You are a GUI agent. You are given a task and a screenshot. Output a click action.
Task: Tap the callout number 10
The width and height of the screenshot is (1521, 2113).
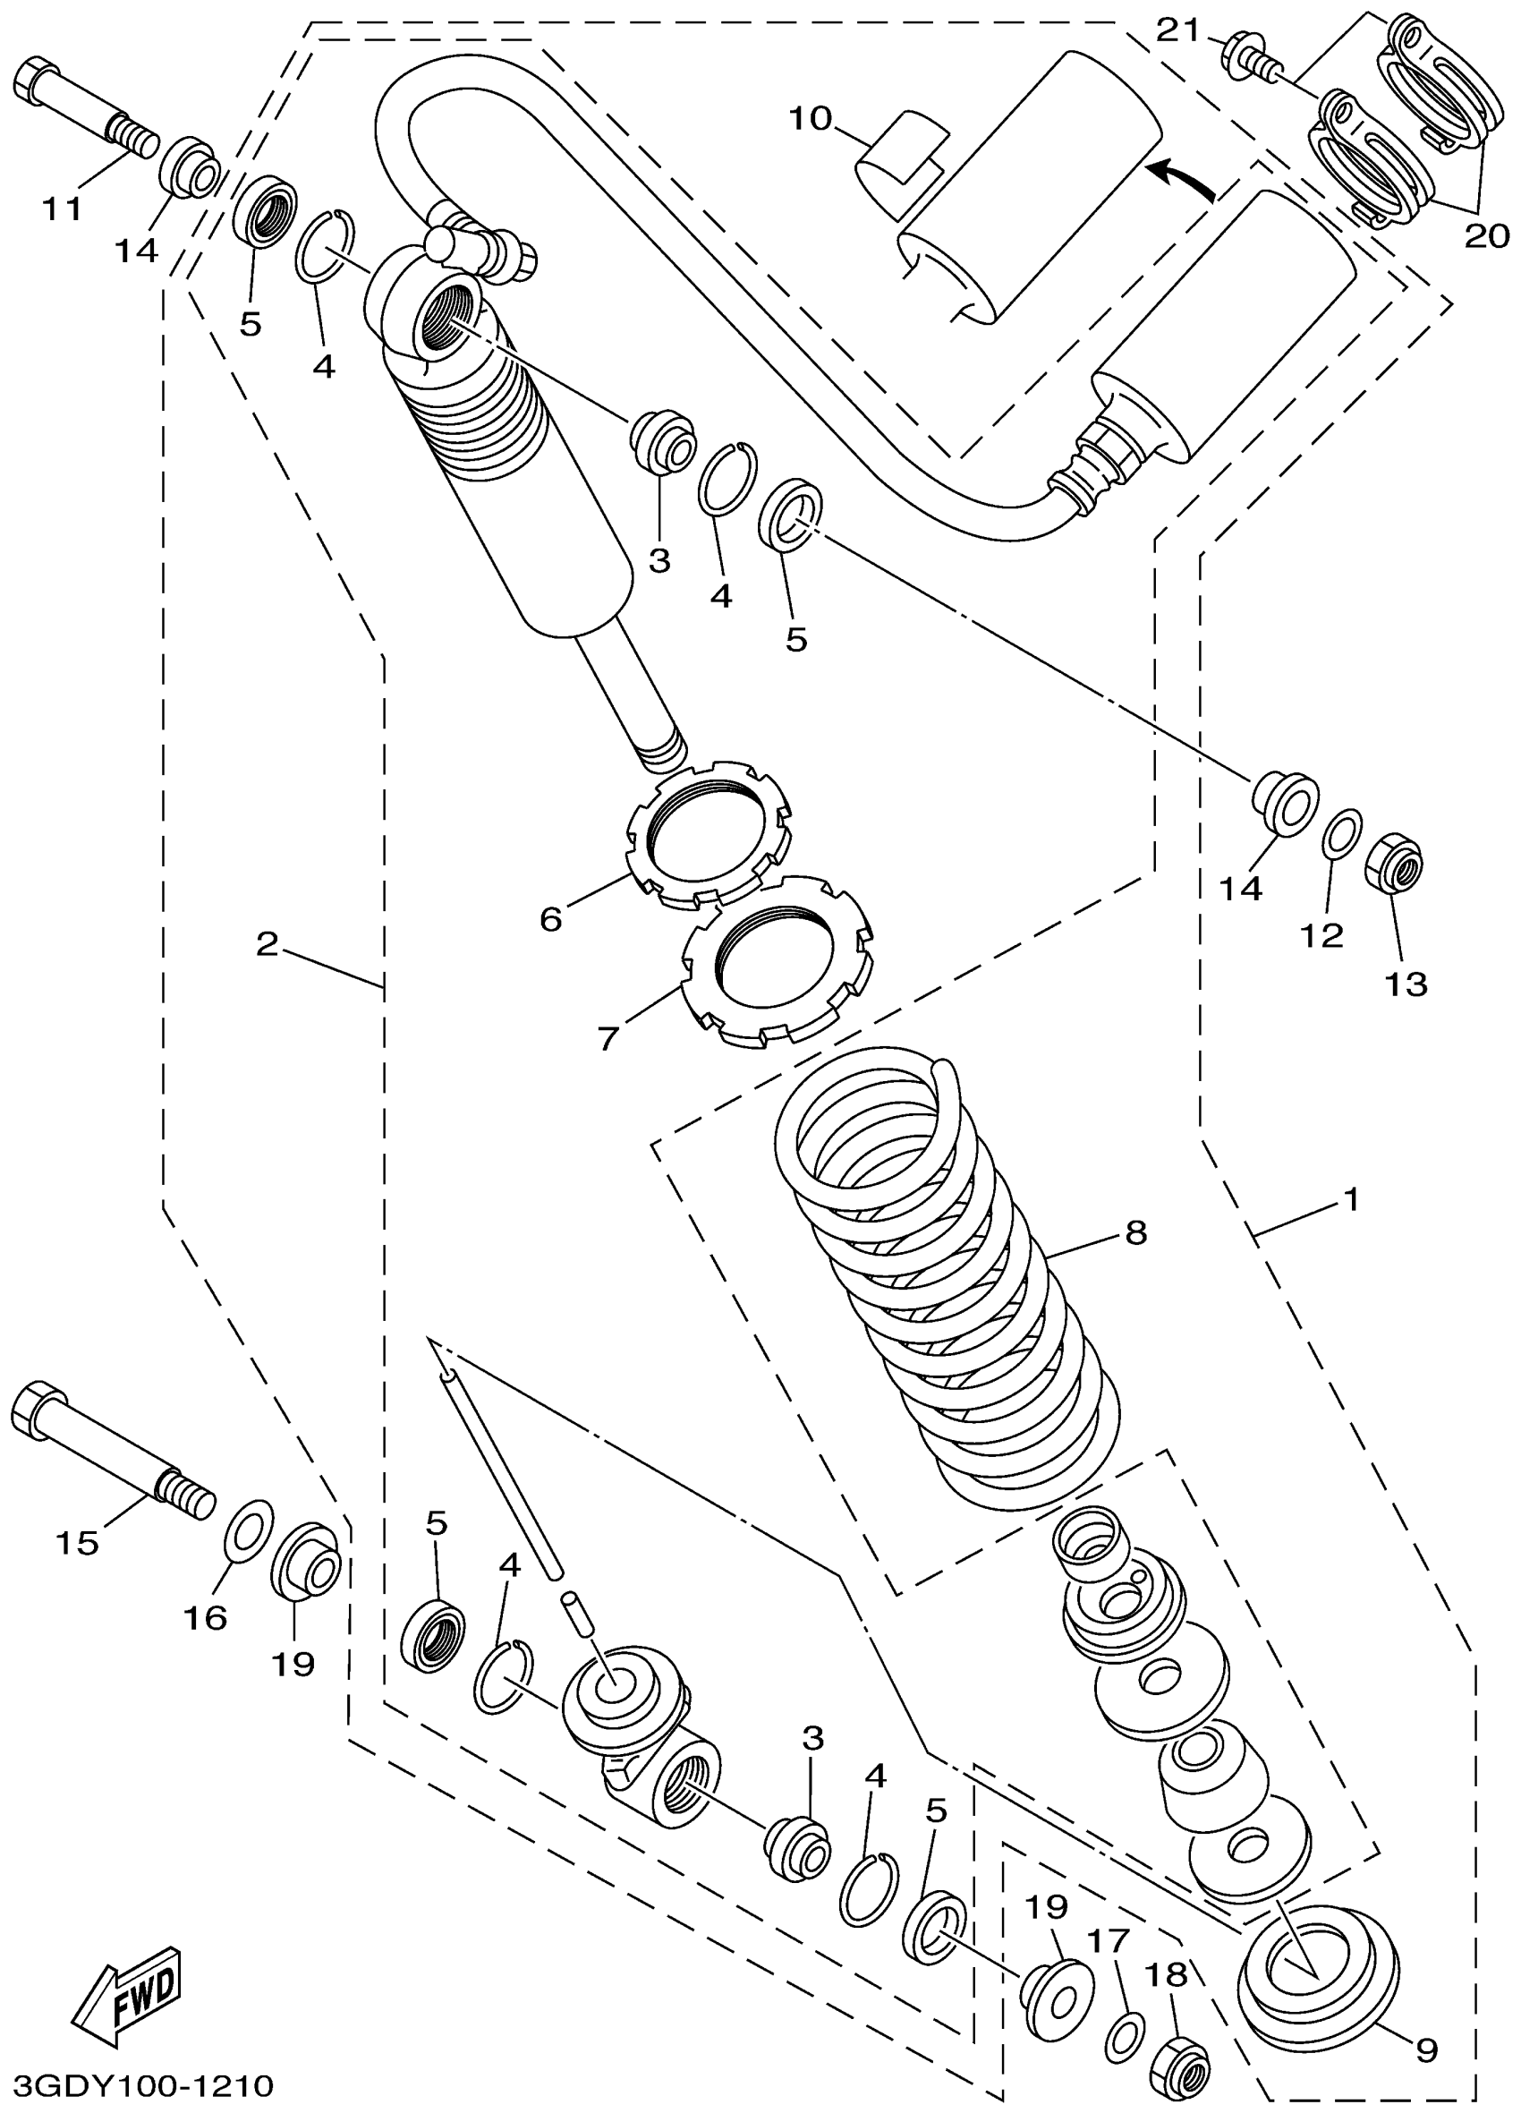(810, 119)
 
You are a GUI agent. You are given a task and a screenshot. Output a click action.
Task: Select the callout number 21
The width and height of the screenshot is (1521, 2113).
(1178, 30)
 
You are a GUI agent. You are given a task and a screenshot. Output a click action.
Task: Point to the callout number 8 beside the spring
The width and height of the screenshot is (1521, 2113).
(1135, 1232)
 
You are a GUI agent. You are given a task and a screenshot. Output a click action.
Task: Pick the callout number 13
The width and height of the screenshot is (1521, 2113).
(1406, 984)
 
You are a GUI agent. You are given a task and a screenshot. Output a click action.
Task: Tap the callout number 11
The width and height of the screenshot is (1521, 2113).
(63, 209)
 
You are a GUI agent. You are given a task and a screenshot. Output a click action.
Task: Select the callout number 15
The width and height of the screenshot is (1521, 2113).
(77, 1543)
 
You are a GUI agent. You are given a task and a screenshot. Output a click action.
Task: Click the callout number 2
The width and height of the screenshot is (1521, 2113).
(268, 945)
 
